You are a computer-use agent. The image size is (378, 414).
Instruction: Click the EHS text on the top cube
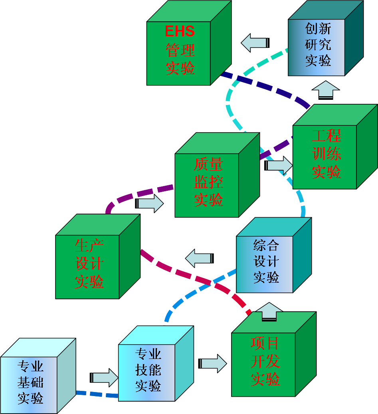click(x=180, y=32)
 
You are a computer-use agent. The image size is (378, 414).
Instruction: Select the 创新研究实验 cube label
click(x=318, y=45)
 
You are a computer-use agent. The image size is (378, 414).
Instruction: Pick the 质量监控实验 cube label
click(x=208, y=182)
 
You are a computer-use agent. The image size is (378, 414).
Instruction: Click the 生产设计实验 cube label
click(x=89, y=264)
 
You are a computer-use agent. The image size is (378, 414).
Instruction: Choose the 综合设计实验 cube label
click(x=266, y=261)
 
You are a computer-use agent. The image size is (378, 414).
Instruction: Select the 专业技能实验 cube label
click(x=148, y=370)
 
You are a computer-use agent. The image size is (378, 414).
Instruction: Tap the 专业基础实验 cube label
click(x=30, y=382)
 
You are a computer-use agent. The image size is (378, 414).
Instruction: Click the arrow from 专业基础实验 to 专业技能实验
click(x=105, y=378)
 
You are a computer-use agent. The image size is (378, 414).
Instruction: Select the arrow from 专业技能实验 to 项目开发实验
click(x=213, y=363)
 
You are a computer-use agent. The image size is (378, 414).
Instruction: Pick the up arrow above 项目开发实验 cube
click(x=269, y=311)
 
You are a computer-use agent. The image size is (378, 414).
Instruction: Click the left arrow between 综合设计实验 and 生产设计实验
click(x=199, y=258)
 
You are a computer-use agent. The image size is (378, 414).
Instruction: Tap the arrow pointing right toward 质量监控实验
click(x=150, y=203)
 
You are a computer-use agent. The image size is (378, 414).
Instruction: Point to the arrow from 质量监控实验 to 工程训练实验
click(x=279, y=165)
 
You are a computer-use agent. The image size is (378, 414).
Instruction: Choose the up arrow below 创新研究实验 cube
click(x=325, y=89)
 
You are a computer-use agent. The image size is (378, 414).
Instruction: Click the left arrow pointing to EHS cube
click(x=255, y=43)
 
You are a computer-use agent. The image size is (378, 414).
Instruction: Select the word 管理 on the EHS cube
click(x=180, y=50)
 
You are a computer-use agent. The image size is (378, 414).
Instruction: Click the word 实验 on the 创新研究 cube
click(x=318, y=61)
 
